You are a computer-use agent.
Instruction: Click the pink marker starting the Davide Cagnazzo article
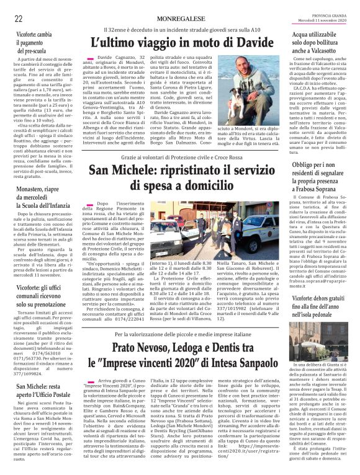91,58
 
